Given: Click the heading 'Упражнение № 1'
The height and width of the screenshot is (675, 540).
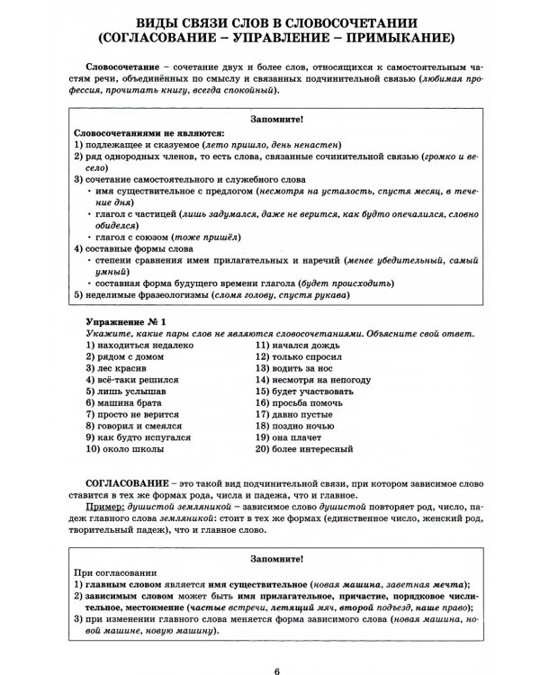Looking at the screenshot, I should click(x=126, y=321).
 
